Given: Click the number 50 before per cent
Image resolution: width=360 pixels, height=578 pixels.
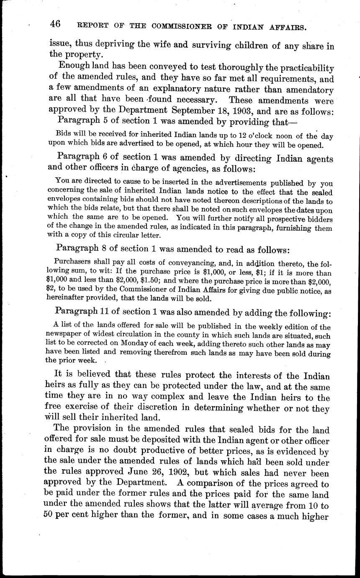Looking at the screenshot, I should (51, 515).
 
